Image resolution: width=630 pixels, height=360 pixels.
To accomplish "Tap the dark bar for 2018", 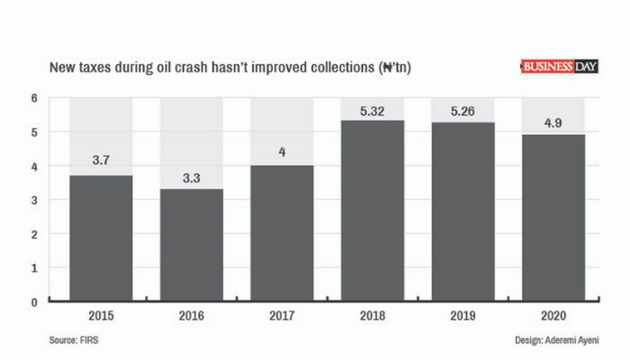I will (x=372, y=211).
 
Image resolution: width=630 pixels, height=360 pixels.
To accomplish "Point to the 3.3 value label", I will (x=191, y=178).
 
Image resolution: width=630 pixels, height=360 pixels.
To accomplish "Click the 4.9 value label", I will (x=553, y=124).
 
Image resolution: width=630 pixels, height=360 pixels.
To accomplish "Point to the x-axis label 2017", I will (x=281, y=317).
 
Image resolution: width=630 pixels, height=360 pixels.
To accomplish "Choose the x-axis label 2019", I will (x=462, y=317).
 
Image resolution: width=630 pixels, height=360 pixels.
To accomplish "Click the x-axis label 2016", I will (x=191, y=317).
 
